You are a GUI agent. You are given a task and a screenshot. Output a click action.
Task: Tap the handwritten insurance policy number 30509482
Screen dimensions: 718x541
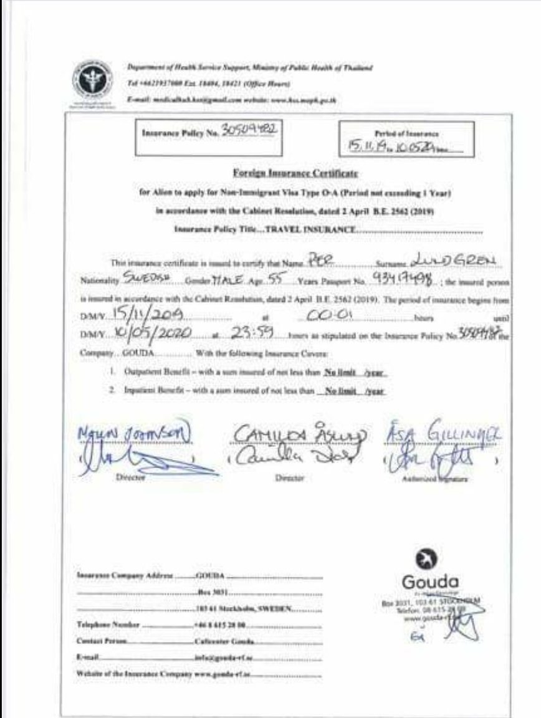pyautogui.click(x=248, y=130)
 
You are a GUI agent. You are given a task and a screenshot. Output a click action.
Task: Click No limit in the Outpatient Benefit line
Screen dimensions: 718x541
pyautogui.click(x=339, y=373)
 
